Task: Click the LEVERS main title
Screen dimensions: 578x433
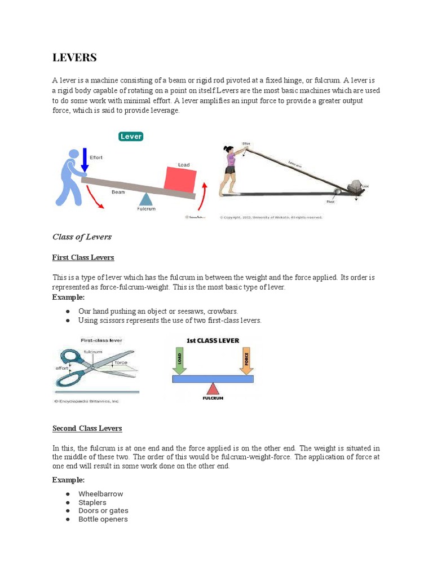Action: pos(74,58)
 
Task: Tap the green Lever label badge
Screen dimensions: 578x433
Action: pos(131,136)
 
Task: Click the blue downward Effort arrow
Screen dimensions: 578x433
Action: pos(85,160)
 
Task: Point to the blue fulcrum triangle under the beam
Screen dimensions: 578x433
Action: pos(145,199)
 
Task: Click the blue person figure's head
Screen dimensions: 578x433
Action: pos(73,155)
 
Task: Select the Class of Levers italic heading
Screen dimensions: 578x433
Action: pos(82,237)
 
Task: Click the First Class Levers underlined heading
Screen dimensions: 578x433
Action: pos(83,257)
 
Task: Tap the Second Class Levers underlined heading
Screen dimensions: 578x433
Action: pos(87,428)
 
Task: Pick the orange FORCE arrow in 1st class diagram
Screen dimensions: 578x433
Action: pos(246,361)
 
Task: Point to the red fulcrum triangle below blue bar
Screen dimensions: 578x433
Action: pos(213,389)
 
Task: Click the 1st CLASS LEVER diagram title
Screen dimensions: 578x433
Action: pos(213,341)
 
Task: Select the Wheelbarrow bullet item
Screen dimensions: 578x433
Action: pos(100,494)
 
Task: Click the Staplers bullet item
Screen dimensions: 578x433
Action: pos(92,502)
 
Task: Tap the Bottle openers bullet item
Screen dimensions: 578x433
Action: pos(103,519)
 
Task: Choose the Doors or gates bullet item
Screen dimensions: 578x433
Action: pos(103,511)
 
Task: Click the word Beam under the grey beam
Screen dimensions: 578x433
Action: pos(118,192)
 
